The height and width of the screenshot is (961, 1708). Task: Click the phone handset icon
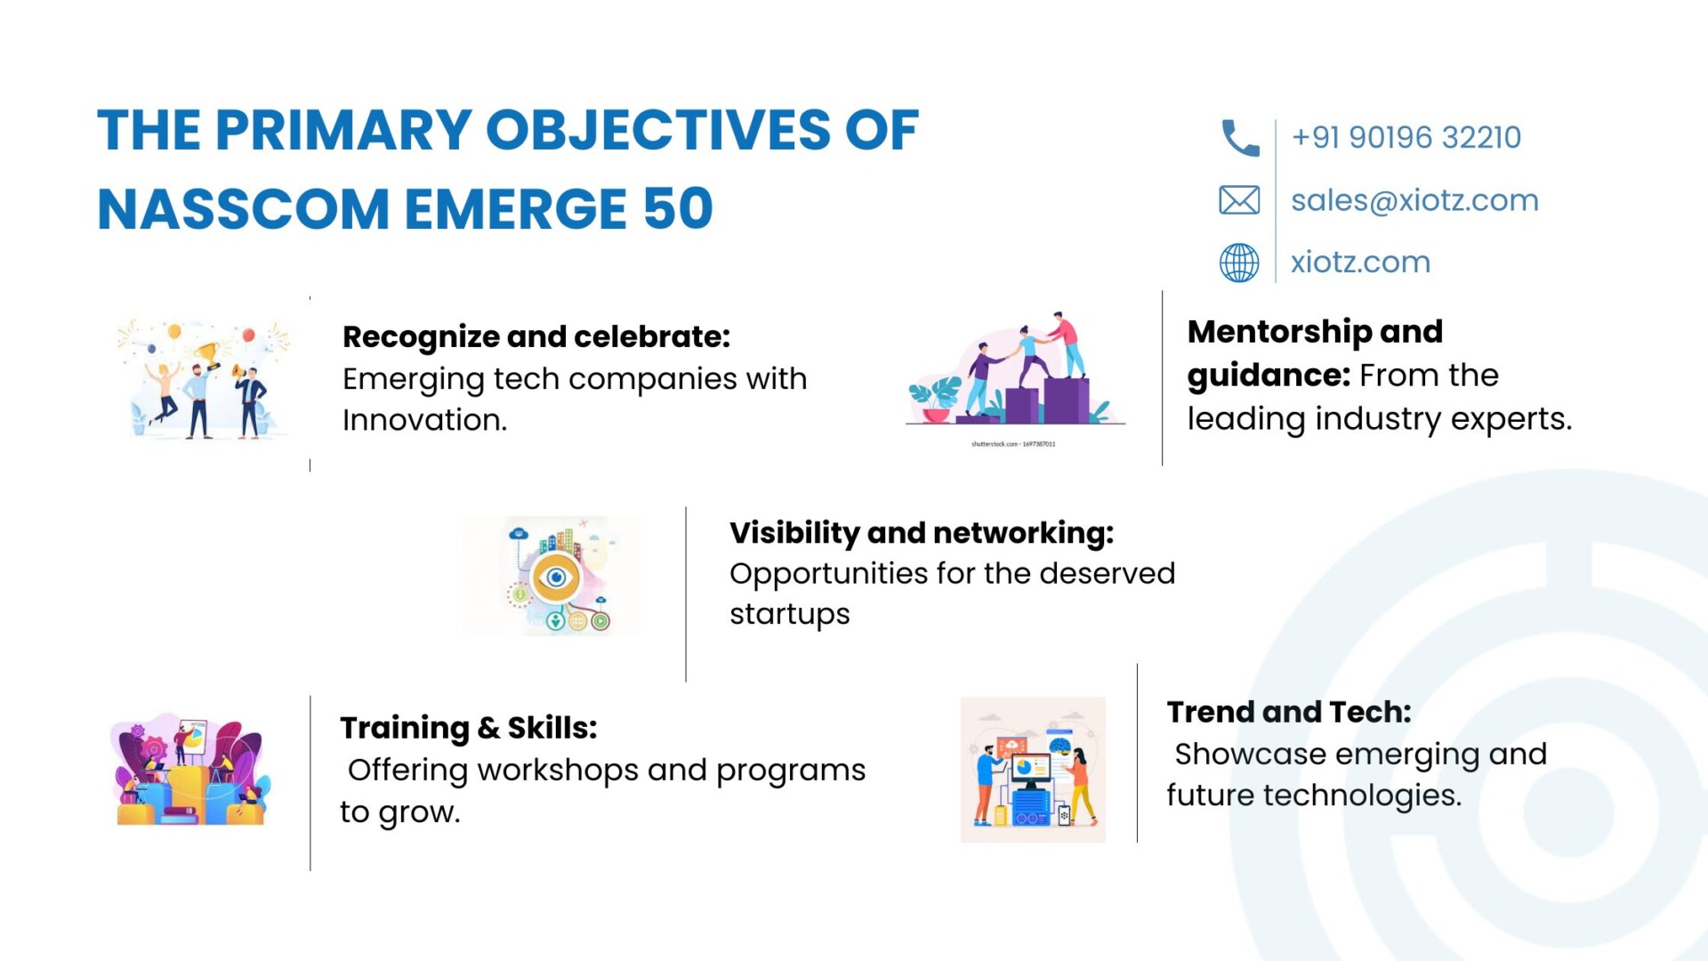click(1240, 138)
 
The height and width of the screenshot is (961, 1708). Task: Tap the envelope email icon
click(1239, 200)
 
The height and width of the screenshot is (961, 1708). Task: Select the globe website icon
click(1239, 262)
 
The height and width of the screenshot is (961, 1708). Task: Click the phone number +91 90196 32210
click(1406, 137)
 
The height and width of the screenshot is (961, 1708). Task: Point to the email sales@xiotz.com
click(1414, 200)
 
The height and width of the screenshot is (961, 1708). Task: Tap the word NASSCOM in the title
click(243, 209)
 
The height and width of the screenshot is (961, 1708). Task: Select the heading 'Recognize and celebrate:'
click(536, 336)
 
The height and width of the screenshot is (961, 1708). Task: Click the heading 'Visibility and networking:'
click(922, 532)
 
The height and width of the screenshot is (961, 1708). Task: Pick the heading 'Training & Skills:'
click(468, 728)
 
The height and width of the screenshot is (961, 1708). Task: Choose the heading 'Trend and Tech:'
click(1289, 712)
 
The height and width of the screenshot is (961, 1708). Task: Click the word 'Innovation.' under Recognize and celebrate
click(424, 420)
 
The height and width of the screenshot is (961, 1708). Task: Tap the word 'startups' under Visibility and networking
click(790, 615)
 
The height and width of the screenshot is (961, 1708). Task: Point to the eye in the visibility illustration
click(557, 577)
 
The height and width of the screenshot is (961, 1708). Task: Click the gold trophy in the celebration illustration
click(208, 356)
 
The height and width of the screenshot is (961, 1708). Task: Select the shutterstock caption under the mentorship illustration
click(1013, 443)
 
